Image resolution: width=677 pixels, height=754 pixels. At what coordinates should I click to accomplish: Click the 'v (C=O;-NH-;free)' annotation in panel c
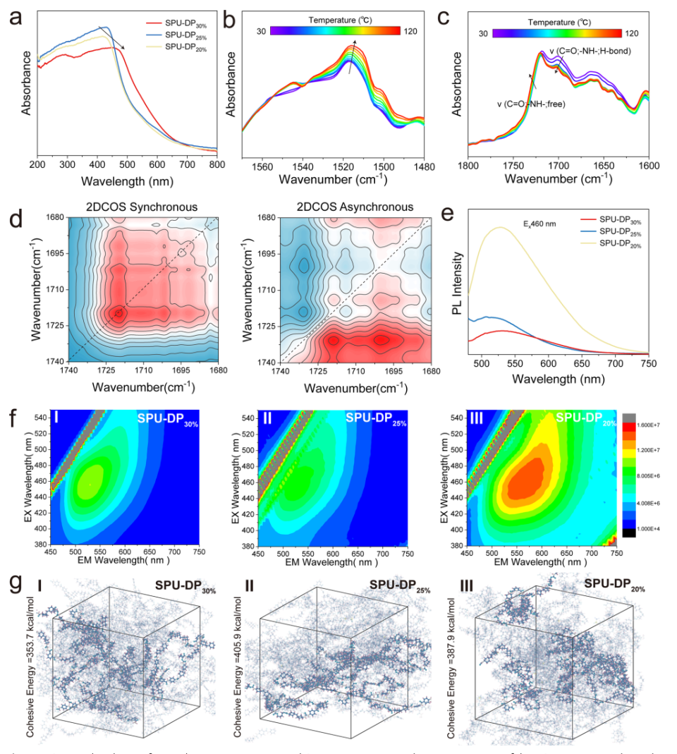click(x=530, y=104)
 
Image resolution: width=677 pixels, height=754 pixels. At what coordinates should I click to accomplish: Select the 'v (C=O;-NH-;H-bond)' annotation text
click(x=590, y=52)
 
